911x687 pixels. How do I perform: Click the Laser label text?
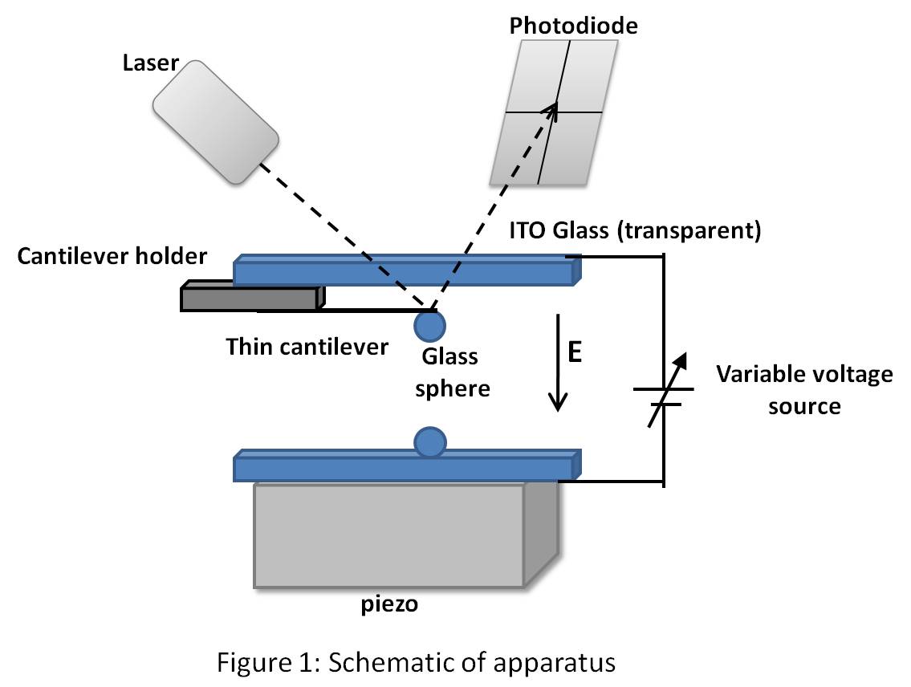click(150, 63)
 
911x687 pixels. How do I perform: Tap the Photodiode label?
click(573, 26)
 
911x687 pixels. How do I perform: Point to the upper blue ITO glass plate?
click(405, 271)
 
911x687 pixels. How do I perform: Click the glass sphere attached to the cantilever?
click(430, 325)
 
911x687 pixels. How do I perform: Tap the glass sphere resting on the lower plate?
click(430, 441)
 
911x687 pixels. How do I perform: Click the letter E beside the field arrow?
click(575, 353)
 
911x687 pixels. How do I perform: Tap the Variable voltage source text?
click(803, 389)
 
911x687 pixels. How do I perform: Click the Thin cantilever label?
click(307, 347)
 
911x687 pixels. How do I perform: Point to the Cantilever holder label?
click(112, 257)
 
